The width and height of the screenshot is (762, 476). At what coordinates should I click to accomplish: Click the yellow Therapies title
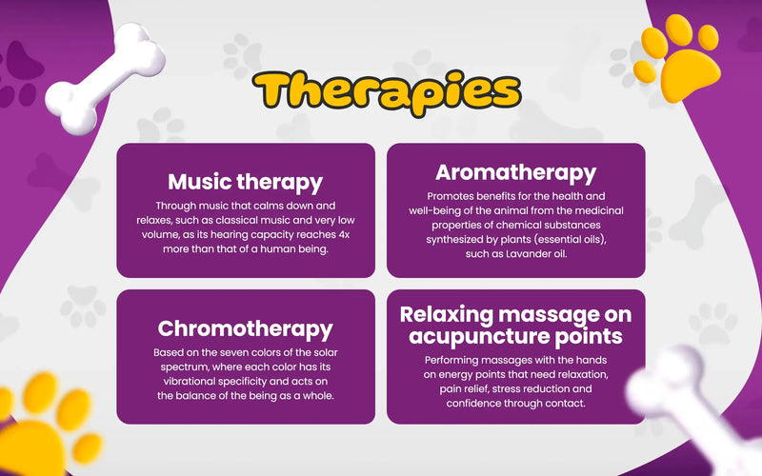coord(387,92)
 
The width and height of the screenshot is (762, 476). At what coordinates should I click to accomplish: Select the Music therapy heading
coord(246,182)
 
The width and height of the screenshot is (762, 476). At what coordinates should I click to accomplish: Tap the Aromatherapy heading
coord(515,173)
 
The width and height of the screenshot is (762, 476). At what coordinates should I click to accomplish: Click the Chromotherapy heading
coord(246,328)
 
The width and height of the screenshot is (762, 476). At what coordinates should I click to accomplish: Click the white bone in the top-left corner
coord(105,78)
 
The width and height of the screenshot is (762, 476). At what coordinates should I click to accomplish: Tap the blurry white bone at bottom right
coord(690,408)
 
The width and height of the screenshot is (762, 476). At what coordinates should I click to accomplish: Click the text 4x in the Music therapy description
coord(344,234)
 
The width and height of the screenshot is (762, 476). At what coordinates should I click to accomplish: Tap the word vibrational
coord(190,382)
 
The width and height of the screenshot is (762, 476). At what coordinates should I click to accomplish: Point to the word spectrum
coord(184,367)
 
